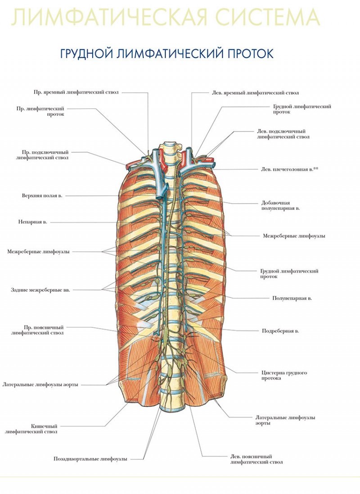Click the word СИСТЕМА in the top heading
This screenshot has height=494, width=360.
tap(261, 17)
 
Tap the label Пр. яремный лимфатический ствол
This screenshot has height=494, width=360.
tap(76, 92)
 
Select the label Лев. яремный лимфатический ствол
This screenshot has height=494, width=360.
tap(255, 93)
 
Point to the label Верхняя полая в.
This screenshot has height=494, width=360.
tap(42, 195)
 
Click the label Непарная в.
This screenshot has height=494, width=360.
tap(32, 222)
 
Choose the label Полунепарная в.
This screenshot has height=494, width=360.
tap(292, 298)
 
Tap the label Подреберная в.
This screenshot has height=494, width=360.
tap(280, 331)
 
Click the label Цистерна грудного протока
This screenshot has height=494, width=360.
tap(284, 375)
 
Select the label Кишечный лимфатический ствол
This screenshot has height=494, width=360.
tap(31, 429)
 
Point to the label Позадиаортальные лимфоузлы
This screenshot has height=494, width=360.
tap(90, 459)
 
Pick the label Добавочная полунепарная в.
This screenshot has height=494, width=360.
tap(280, 205)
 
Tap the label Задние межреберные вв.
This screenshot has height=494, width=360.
tap(40, 290)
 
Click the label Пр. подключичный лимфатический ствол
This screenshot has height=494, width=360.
tap(42, 155)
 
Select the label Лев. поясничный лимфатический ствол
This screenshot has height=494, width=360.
tap(256, 459)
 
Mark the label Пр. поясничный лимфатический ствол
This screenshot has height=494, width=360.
tap(37, 330)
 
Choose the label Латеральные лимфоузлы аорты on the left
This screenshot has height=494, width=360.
tap(40, 385)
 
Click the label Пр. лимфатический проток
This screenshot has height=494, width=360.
tap(40, 111)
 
